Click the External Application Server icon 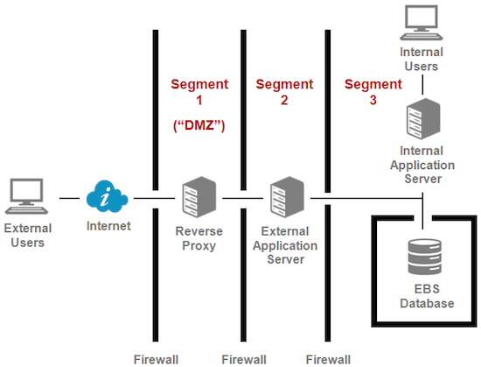point(283,198)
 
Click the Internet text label point(108,227)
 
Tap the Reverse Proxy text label point(198,239)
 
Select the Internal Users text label point(422,59)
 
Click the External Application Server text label point(283,246)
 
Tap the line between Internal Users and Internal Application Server point(422,86)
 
